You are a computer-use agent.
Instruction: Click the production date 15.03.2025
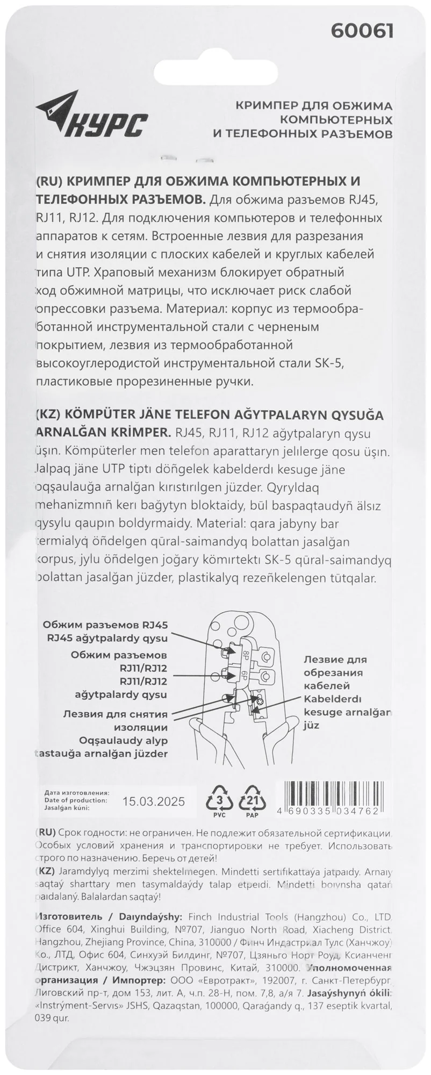(153, 801)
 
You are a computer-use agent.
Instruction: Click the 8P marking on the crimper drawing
(245, 655)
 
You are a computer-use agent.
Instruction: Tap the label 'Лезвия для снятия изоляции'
(116, 721)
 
